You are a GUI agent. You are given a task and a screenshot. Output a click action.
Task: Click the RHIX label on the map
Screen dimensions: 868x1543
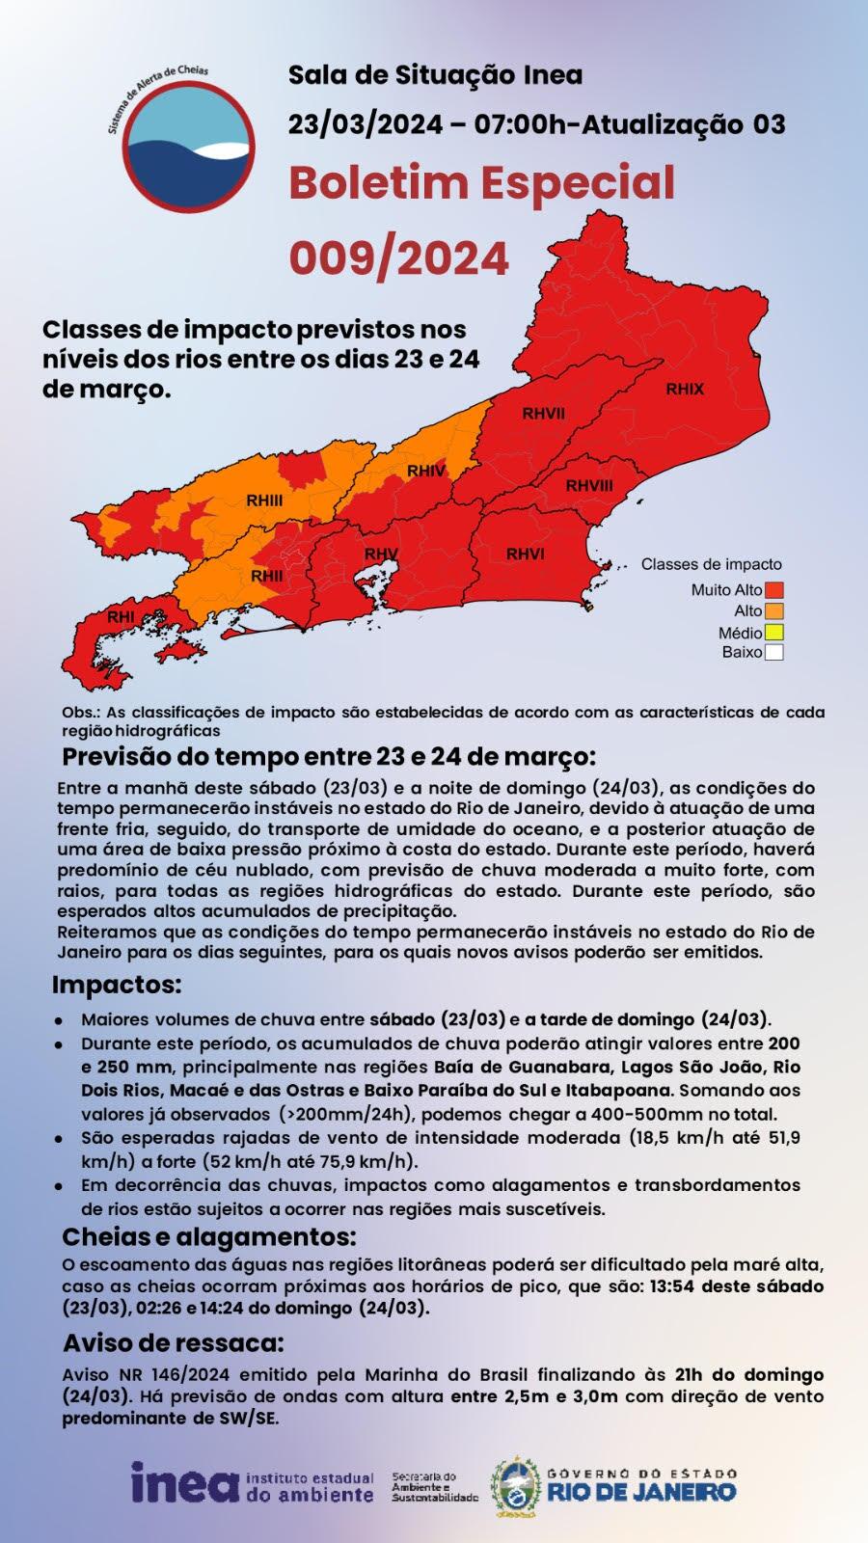point(685,390)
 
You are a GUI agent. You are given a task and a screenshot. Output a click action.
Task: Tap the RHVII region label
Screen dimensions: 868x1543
point(544,414)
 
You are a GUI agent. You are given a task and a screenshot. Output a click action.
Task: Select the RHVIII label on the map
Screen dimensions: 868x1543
point(588,485)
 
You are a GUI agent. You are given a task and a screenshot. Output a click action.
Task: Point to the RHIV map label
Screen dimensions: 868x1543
point(426,472)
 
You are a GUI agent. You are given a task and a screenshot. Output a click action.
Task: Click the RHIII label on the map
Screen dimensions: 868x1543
point(264,501)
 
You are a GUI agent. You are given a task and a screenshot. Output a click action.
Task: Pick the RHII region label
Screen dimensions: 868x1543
point(267,576)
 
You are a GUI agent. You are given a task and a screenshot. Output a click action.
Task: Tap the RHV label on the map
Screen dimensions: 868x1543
point(381,555)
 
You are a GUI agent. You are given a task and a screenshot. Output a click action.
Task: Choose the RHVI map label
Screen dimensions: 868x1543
point(526,554)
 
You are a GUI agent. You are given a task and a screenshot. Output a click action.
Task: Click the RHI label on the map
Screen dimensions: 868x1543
point(121,617)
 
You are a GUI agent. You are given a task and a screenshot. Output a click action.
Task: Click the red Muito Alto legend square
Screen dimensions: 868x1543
point(774,590)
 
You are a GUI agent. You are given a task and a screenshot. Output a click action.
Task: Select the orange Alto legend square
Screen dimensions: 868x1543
point(774,611)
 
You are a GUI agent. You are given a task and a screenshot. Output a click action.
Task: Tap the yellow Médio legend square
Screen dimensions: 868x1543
point(774,633)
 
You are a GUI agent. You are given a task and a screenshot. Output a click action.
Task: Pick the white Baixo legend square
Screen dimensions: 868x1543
point(774,653)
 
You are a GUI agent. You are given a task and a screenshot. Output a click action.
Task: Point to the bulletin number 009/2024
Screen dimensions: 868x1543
point(399,258)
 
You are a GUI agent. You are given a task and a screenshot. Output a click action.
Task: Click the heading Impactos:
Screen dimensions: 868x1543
point(117,986)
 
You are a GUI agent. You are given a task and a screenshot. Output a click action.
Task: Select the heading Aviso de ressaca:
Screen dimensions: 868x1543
point(174,1343)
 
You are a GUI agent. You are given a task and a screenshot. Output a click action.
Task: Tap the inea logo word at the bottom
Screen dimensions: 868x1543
point(184,1482)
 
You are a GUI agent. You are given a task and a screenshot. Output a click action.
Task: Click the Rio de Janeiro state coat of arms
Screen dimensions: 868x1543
point(516,1484)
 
